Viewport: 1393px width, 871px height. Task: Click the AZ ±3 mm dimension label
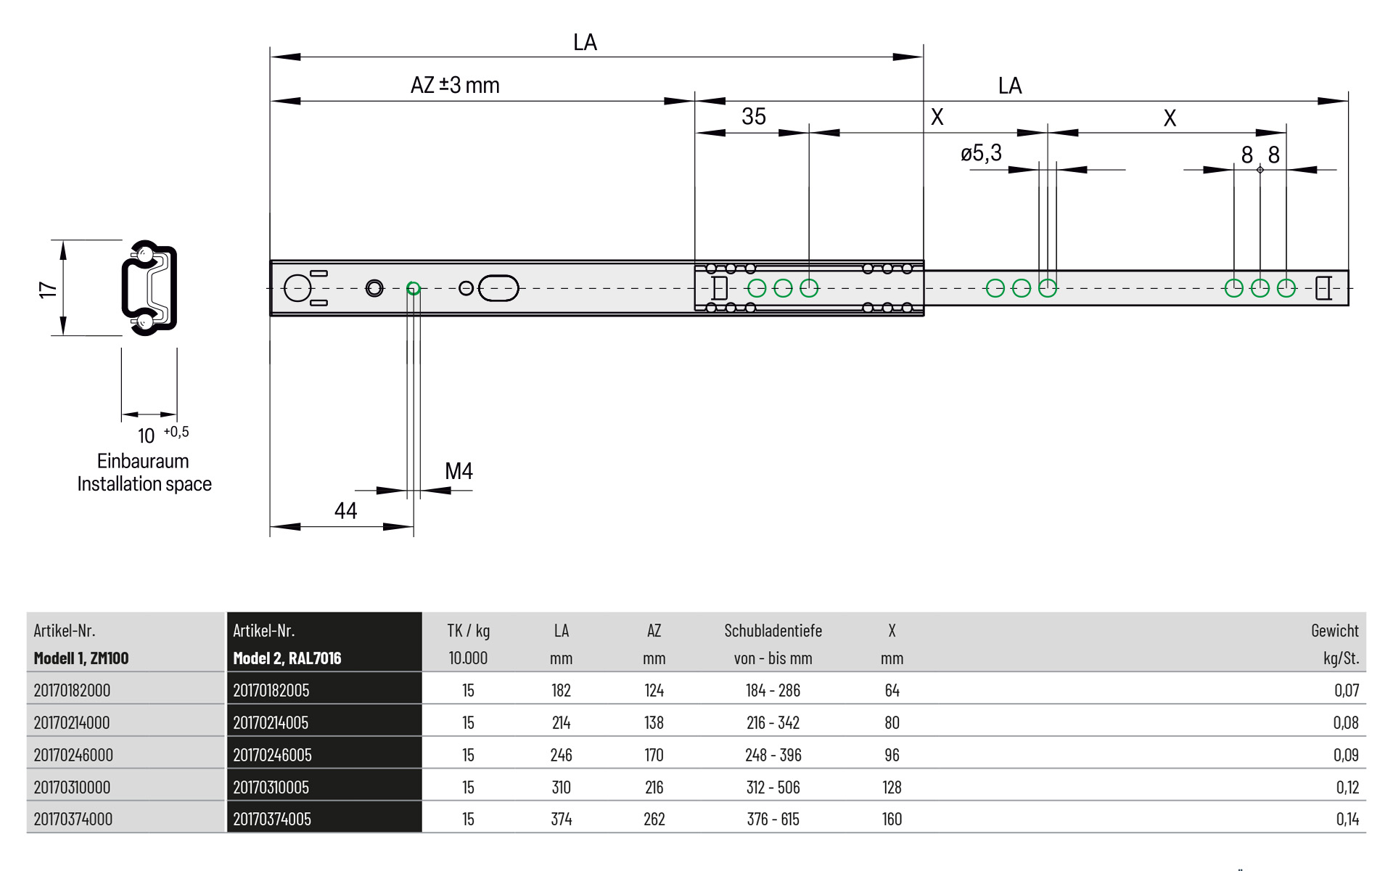[x=455, y=85]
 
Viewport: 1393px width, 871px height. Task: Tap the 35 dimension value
[x=754, y=116]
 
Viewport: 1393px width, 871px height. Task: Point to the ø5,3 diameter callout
[x=981, y=153]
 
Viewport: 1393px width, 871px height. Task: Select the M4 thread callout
[x=459, y=471]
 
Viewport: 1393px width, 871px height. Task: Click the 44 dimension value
[x=345, y=511]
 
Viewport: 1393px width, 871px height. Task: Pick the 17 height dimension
[x=48, y=290]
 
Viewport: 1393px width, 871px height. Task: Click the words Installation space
[x=144, y=484]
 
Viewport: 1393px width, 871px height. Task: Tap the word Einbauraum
[x=143, y=461]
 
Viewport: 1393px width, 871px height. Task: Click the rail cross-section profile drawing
[x=149, y=287]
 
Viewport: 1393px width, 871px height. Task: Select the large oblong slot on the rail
[x=499, y=288]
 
